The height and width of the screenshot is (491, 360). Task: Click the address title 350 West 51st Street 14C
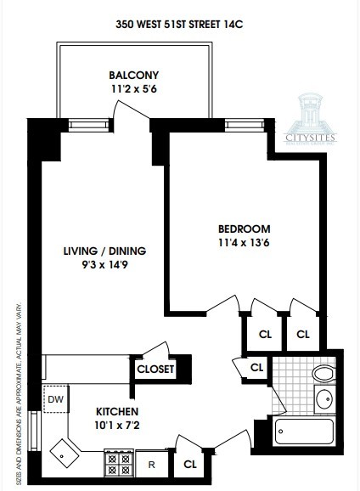(x=179, y=26)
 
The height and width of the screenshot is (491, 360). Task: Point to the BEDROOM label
(x=244, y=229)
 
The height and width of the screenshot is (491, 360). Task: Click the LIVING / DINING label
(x=104, y=251)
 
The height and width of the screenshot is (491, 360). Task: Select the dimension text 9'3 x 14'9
(x=104, y=266)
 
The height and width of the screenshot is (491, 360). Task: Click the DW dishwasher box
(x=56, y=398)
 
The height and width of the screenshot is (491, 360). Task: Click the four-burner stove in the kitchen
(x=117, y=464)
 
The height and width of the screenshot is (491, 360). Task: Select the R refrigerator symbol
(x=152, y=465)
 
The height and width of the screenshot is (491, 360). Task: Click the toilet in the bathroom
(x=323, y=374)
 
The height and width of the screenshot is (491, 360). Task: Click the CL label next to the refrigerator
(x=189, y=465)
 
